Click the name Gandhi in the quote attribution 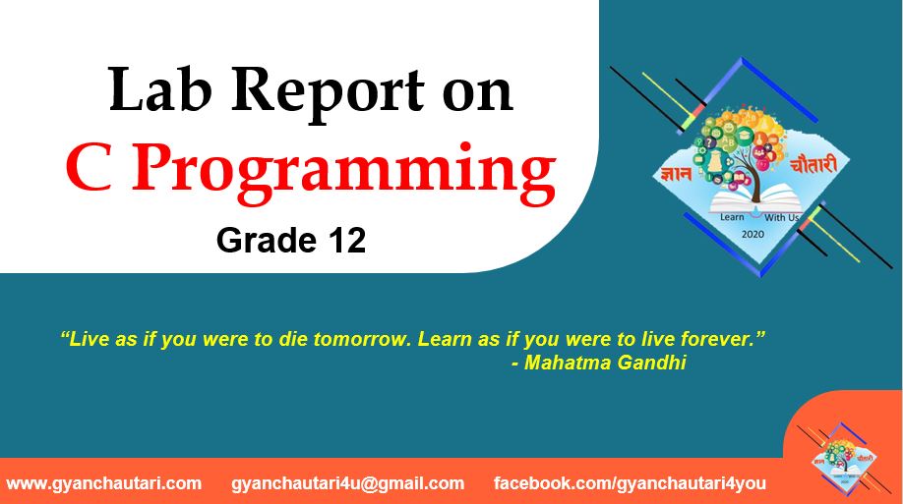652,363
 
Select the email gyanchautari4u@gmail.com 348,483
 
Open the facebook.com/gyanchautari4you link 630,483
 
